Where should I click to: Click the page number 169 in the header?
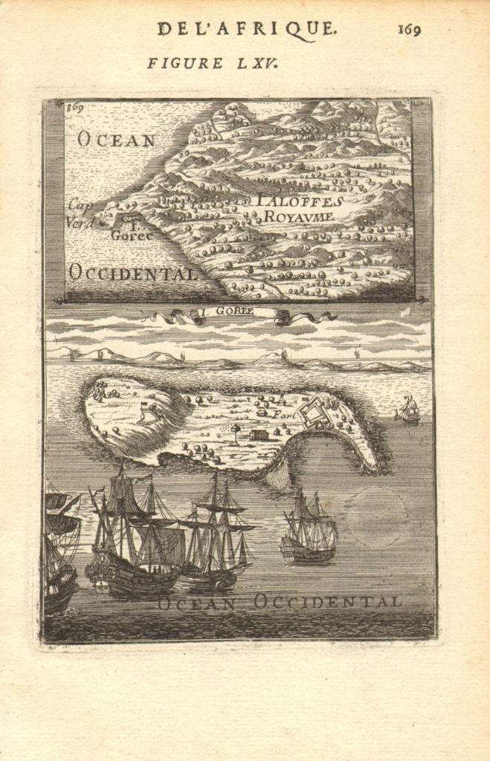(409, 29)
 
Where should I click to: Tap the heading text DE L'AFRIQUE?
(246, 29)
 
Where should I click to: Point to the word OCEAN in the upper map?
(117, 140)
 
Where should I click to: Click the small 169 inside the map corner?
(74, 107)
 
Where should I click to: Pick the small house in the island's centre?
(259, 435)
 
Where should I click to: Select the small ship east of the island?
(407, 409)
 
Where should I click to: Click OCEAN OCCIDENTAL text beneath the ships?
(279, 602)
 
